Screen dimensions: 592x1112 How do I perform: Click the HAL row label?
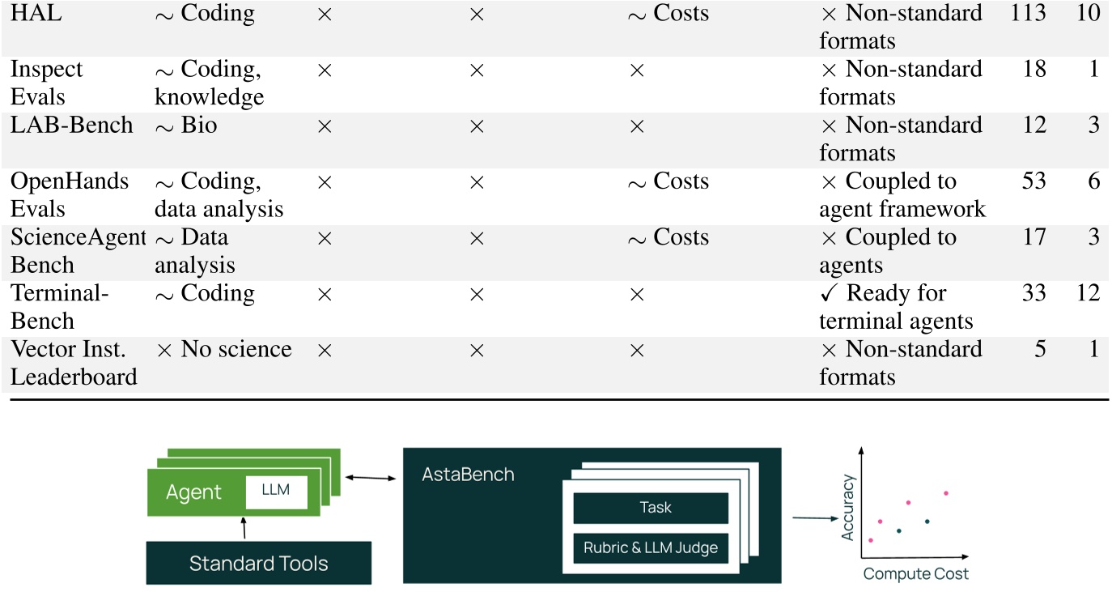pos(29,14)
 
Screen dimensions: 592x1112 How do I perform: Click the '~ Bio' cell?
pos(186,126)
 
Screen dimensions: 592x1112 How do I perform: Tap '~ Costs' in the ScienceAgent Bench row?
pos(668,237)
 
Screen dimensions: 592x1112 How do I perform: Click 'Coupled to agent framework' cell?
pos(902,195)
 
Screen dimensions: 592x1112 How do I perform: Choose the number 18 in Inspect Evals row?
pos(1033,70)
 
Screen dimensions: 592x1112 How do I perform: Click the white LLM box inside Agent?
pos(276,492)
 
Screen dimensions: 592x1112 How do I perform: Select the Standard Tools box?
pos(258,563)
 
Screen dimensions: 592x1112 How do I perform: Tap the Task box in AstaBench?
pos(650,508)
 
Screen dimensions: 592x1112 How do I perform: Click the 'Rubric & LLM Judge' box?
pos(650,548)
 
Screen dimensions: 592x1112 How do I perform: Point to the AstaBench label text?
pos(468,475)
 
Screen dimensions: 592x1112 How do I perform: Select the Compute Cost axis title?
pos(915,574)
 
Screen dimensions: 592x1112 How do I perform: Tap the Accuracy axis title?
pos(848,508)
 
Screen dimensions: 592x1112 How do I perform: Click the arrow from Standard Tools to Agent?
pos(244,527)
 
